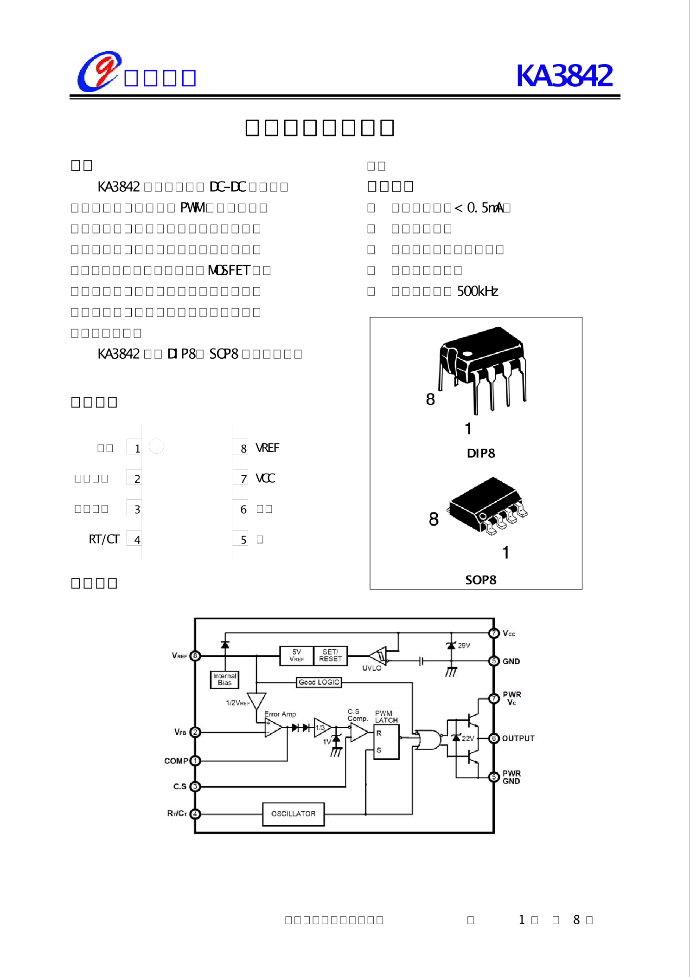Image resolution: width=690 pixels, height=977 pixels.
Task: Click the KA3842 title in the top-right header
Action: coord(564,76)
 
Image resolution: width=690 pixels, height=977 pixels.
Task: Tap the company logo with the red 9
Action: coord(99,72)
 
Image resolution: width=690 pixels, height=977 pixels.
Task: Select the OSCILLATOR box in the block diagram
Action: coord(293,814)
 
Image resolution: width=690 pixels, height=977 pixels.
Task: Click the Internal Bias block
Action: coord(224,679)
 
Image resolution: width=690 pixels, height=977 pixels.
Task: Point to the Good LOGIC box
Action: coord(319,682)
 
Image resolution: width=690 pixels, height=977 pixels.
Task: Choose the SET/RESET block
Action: coord(330,655)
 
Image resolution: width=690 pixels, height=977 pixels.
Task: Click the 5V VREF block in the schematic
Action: coord(297,655)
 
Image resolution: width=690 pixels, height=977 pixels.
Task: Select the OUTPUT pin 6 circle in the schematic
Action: coord(494,738)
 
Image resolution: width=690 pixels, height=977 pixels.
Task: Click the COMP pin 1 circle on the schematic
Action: coord(195,761)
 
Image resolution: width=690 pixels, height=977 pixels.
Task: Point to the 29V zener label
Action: coord(464,645)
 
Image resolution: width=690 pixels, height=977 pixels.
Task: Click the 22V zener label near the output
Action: coord(468,738)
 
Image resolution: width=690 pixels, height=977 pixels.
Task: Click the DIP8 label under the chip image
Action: coord(481,453)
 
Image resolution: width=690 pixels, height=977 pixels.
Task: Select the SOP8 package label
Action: coord(481,580)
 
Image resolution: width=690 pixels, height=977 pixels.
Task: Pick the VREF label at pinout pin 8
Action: coord(268,448)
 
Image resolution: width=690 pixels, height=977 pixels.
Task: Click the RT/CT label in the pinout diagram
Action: coord(104,539)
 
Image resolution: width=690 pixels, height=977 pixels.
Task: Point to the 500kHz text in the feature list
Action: coord(478,291)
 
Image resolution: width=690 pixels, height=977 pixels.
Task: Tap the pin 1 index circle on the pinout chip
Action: coord(156,446)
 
